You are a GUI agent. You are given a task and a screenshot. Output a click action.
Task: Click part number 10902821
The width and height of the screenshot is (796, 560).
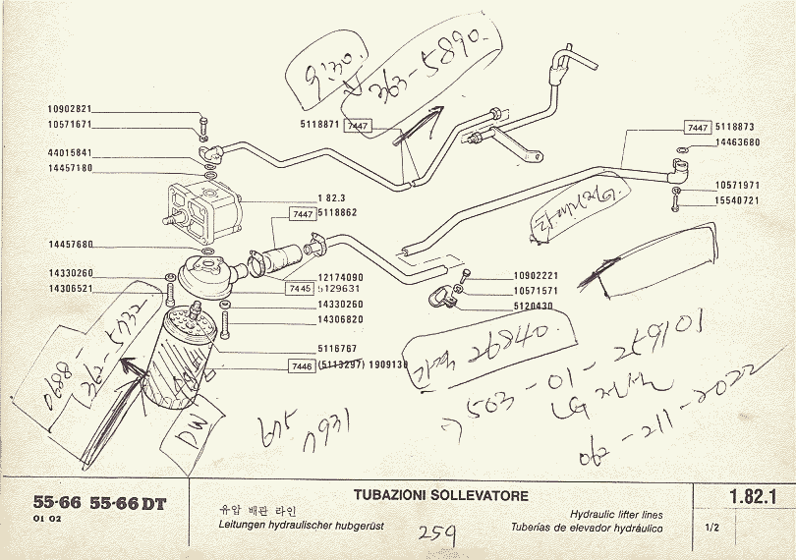pyautogui.click(x=70, y=108)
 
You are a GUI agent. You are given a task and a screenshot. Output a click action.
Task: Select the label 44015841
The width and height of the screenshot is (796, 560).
pyautogui.click(x=70, y=153)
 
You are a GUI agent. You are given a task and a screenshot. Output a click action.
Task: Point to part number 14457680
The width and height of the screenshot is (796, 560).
pyautogui.click(x=70, y=245)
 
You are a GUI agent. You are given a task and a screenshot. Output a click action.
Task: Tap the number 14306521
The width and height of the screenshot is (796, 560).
pyautogui.click(x=70, y=289)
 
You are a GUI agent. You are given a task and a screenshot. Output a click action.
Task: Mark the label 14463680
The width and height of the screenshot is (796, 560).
pyautogui.click(x=737, y=142)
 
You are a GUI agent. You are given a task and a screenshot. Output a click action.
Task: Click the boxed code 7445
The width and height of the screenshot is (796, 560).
pyautogui.click(x=301, y=289)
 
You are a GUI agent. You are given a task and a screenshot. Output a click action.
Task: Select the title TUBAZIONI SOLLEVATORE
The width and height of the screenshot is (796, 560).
pyautogui.click(x=440, y=495)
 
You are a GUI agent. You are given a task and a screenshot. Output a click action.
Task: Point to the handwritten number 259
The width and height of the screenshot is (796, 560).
pyautogui.click(x=434, y=534)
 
